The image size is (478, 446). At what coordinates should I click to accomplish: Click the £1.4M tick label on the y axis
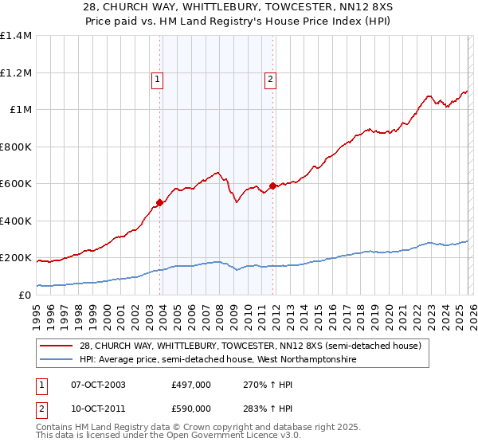point(16,36)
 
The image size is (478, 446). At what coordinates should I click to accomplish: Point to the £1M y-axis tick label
point(20,110)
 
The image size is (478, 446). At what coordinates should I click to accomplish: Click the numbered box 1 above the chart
point(158,79)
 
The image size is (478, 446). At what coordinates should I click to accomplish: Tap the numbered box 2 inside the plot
point(271,79)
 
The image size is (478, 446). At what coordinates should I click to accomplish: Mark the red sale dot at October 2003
point(160,202)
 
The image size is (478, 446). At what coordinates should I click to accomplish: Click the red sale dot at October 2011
point(272,186)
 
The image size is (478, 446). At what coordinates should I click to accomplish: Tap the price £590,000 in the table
point(190,408)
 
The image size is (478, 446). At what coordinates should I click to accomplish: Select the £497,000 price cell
point(190,385)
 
